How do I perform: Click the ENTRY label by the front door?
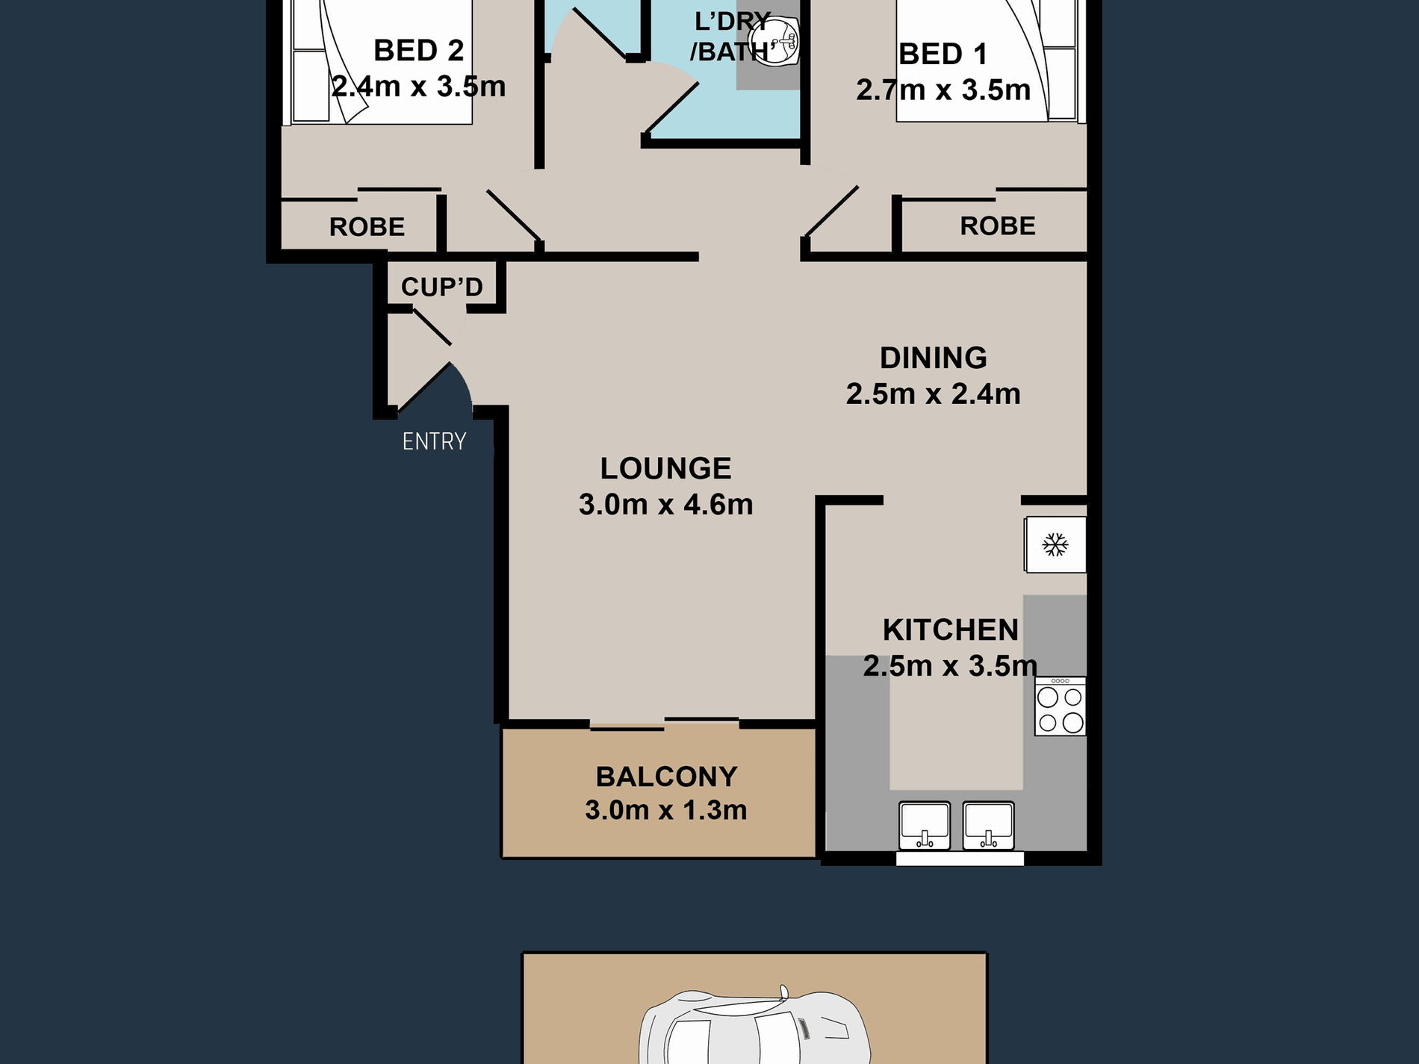coord(434,441)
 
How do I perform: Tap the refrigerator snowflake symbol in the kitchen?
coord(1055,544)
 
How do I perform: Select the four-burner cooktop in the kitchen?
coord(1061,706)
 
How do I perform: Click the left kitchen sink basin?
coord(925,825)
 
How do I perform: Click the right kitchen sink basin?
coord(989,825)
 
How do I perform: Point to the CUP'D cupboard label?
coord(442,287)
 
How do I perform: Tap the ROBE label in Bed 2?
coord(367,226)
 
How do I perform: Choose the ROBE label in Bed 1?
coord(998,225)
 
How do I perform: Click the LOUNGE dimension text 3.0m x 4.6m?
coord(665,505)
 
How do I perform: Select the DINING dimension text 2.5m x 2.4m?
coord(933,393)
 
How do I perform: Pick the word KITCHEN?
coord(951,630)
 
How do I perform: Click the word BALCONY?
coord(666,777)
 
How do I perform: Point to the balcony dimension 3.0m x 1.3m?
coord(665,810)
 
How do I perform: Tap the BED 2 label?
coord(418,51)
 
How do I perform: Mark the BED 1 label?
coord(943,55)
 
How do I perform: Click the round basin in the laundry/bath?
coord(774,41)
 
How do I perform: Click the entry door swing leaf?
coord(423,387)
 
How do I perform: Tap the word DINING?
coord(933,358)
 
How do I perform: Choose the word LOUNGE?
coord(665,469)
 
